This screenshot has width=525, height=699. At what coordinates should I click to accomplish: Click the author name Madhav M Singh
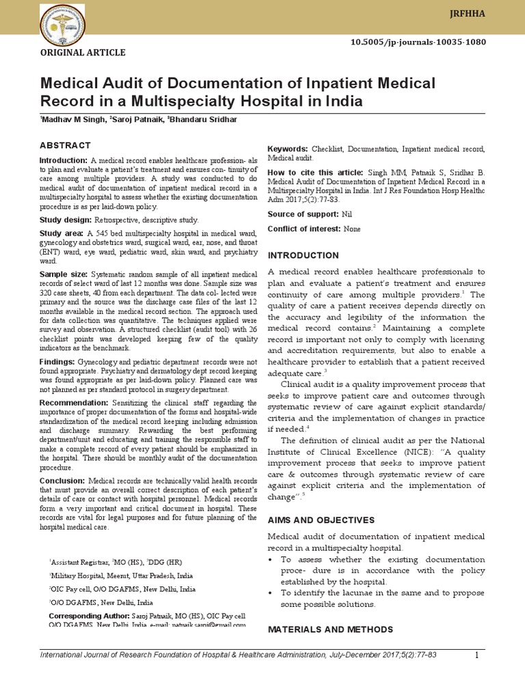[70, 119]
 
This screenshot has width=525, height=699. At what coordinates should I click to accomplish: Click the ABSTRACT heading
[65, 145]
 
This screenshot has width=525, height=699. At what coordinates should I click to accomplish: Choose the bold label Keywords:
[288, 149]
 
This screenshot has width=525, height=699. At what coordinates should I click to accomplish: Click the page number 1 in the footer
[477, 656]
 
